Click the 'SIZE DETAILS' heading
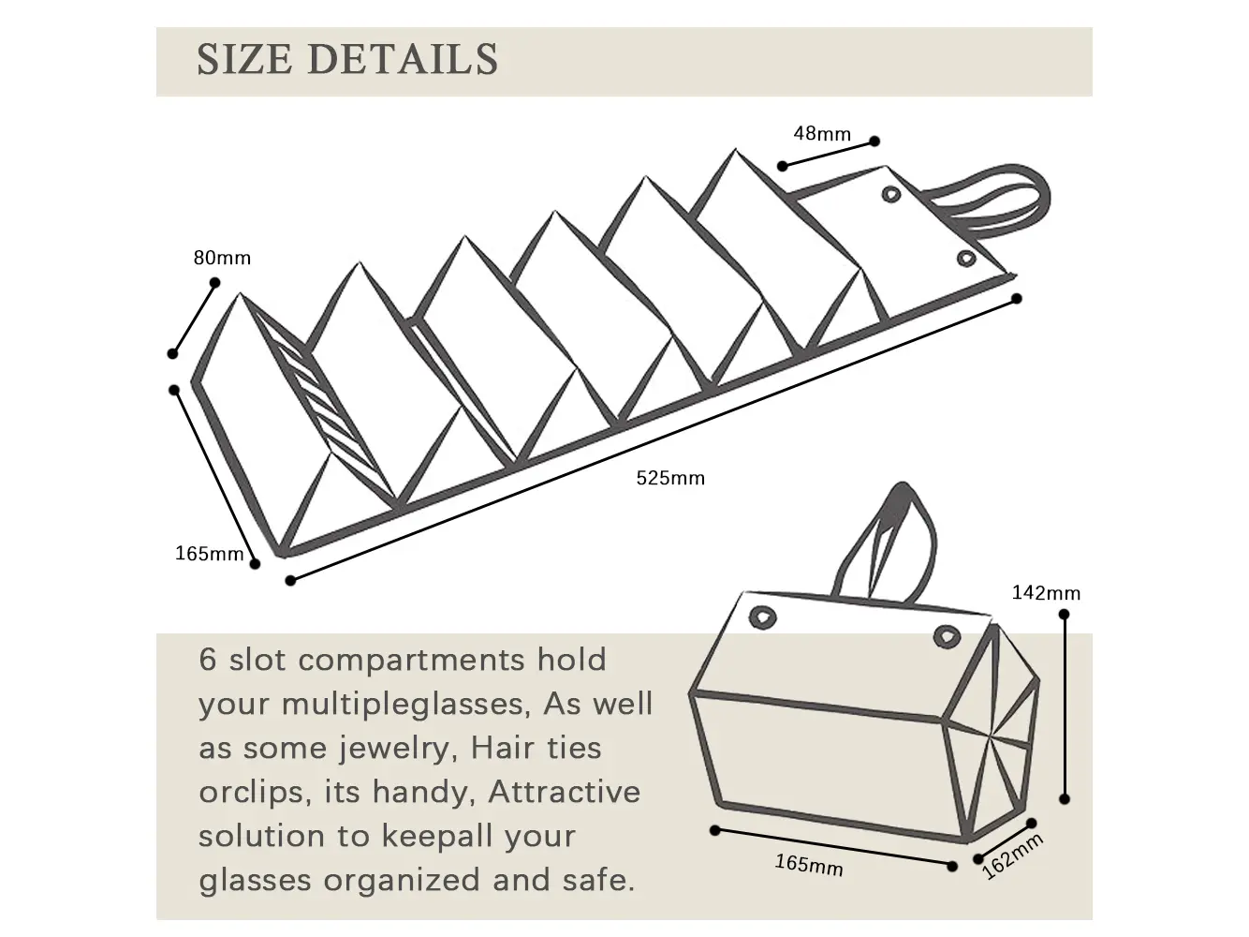coord(347,60)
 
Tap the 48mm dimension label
coord(822,133)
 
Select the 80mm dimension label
coord(222,258)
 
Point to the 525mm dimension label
coord(670,478)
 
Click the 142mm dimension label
coord(1046,592)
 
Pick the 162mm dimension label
coord(1012,856)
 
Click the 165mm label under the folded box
coord(809,865)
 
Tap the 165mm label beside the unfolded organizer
coord(209,554)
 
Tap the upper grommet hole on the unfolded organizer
coord(890,194)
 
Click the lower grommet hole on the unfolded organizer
coord(965,258)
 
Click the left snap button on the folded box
coord(764,617)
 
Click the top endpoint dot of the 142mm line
coord(1064,615)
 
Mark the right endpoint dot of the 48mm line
coord(874,141)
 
